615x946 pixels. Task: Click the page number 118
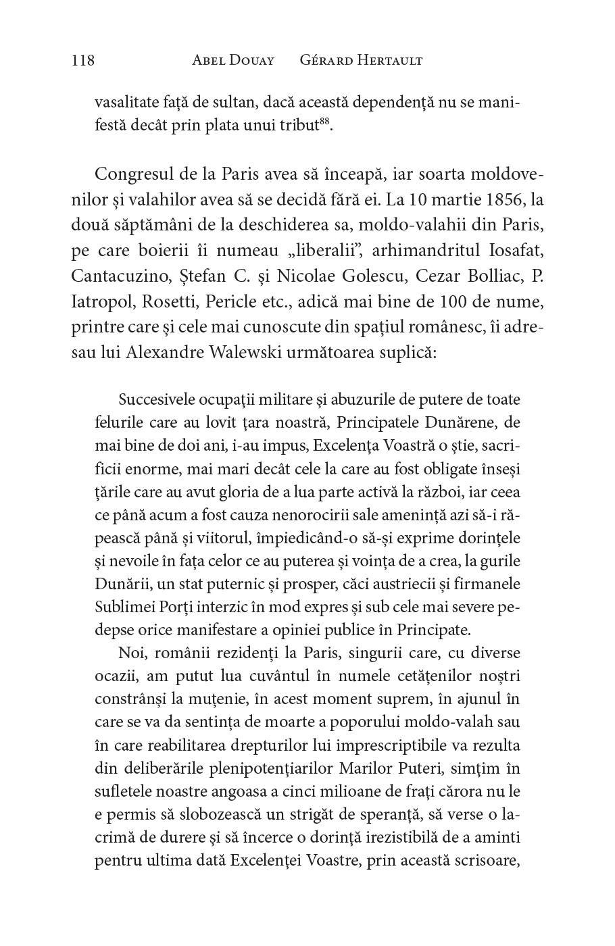[x=82, y=61]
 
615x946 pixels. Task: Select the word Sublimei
[x=126, y=607]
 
